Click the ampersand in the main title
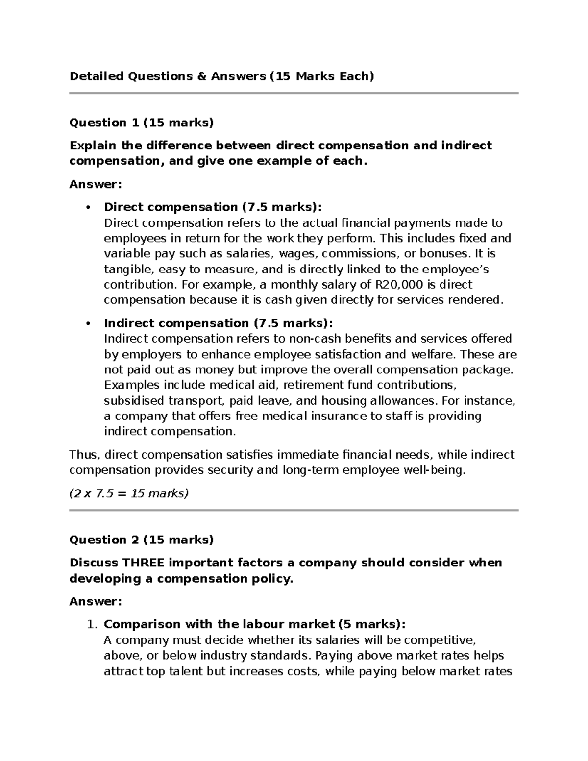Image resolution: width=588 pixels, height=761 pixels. click(x=201, y=76)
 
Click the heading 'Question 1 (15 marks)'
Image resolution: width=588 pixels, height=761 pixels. click(x=142, y=123)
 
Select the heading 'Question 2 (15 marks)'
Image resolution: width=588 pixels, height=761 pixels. click(x=142, y=540)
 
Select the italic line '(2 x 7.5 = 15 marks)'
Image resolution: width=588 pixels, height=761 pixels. click(x=129, y=493)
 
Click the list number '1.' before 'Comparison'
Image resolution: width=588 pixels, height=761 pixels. click(x=92, y=624)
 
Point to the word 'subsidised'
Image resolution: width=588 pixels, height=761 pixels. click(x=134, y=401)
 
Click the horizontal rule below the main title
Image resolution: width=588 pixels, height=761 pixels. click(x=294, y=93)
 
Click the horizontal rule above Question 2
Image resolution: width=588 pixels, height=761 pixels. click(x=294, y=510)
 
